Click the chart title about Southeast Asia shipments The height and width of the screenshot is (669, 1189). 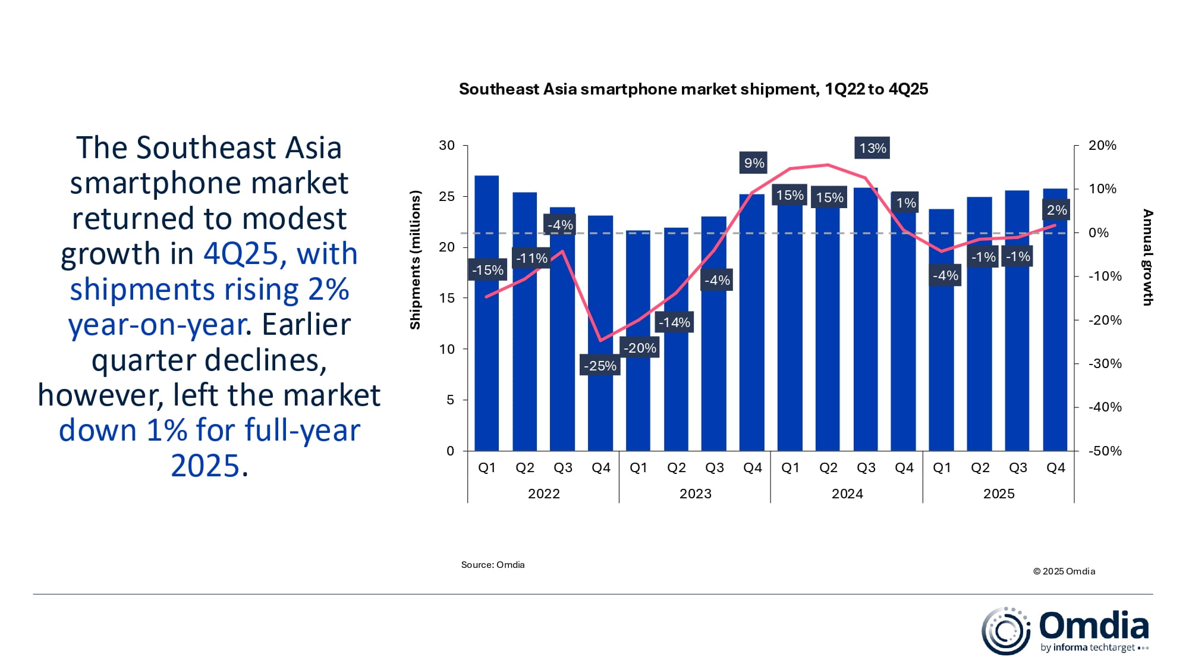693,89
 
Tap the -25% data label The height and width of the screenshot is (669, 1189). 600,366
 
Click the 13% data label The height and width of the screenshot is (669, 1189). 873,148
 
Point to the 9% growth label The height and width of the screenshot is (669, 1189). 754,163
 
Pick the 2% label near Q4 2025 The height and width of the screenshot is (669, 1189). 1056,210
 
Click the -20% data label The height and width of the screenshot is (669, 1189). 640,348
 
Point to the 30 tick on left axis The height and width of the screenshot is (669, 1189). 446,146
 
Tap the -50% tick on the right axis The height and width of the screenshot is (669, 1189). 1105,451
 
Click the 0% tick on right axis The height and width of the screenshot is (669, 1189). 1099,233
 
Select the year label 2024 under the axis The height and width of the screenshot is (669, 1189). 847,494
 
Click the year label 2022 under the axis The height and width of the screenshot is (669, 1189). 543,494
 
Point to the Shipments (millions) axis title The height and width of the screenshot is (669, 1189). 415,260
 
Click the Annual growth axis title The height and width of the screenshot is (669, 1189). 1147,257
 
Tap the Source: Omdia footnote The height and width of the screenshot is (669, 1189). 493,565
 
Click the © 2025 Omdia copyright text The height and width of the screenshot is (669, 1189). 1064,571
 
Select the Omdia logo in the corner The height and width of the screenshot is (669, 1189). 1064,631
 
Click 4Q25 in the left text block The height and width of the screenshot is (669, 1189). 240,254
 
